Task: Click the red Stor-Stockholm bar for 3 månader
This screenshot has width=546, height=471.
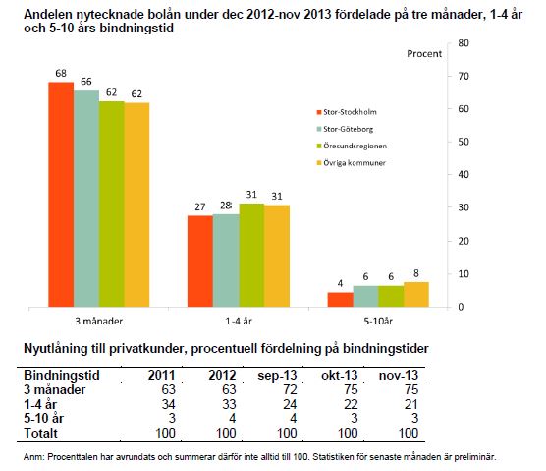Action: point(61,195)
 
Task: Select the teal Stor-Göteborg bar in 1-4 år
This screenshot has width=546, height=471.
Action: point(226,261)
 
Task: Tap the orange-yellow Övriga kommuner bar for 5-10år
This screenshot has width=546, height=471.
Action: point(416,295)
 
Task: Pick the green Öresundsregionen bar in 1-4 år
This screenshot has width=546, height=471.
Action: point(251,256)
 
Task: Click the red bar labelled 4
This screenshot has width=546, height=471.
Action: point(340,300)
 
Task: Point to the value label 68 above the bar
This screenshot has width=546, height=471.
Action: point(61,73)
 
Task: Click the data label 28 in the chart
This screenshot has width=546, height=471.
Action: point(226,206)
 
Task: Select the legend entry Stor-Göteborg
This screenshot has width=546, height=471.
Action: point(345,129)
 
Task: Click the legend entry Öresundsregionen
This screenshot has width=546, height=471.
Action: point(352,146)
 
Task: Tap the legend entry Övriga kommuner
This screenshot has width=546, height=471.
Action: point(351,163)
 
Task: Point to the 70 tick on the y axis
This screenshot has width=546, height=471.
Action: point(464,76)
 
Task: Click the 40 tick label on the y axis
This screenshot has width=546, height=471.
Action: point(464,174)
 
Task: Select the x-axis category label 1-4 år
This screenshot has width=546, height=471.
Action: point(239,322)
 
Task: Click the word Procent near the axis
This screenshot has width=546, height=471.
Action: point(424,54)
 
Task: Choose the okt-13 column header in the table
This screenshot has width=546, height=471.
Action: point(340,375)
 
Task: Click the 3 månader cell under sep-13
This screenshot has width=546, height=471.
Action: point(290,389)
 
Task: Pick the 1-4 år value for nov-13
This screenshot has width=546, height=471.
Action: point(411,404)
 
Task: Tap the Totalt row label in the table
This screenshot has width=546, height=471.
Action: point(40,433)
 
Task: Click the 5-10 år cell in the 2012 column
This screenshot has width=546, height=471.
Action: point(233,418)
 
